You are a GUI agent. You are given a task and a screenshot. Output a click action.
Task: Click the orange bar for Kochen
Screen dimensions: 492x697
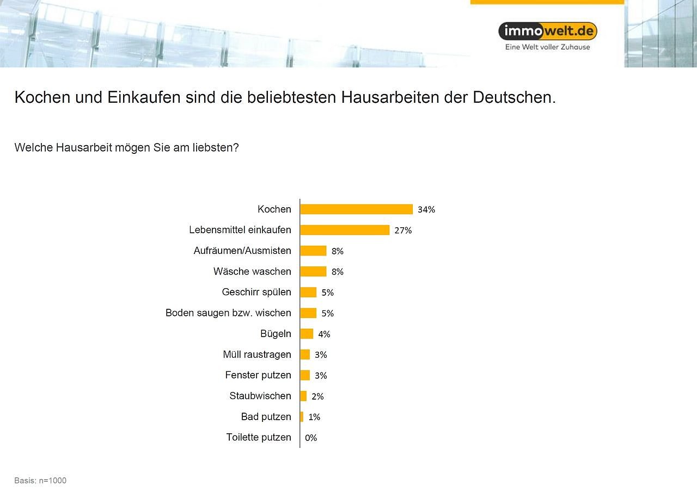356,209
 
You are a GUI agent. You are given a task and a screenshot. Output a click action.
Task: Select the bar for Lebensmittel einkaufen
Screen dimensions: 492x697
345,230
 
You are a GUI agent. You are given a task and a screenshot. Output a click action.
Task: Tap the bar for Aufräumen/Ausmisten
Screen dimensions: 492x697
313,251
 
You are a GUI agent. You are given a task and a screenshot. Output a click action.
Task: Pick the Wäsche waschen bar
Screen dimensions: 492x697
313,271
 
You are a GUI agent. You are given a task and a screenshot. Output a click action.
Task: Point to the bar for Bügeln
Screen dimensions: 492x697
307,334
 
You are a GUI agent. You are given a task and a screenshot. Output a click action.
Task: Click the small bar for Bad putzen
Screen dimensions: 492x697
302,417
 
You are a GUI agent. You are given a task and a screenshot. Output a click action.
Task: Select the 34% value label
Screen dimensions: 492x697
426,210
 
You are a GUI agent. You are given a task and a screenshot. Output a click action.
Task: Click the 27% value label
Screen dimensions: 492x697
403,231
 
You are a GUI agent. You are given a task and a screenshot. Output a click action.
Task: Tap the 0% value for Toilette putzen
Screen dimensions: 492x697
311,438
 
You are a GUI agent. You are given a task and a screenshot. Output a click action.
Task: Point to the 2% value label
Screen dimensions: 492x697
317,396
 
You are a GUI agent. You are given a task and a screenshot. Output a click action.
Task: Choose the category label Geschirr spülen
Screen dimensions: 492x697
256,292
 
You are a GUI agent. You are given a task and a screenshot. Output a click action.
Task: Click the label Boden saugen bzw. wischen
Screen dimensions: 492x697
228,313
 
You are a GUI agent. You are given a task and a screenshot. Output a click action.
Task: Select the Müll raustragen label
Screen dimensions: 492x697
257,354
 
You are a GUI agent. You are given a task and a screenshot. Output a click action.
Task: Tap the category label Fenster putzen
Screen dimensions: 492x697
258,375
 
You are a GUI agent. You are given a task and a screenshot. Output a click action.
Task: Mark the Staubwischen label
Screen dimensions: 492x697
260,396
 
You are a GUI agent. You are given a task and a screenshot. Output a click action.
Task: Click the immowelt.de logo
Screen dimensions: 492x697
548,31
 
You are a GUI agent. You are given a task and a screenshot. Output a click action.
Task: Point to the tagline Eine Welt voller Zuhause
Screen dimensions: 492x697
547,47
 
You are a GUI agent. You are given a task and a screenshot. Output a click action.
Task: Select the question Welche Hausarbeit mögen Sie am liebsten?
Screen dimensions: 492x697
126,148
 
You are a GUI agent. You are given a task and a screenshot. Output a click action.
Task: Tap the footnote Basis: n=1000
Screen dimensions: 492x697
40,481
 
